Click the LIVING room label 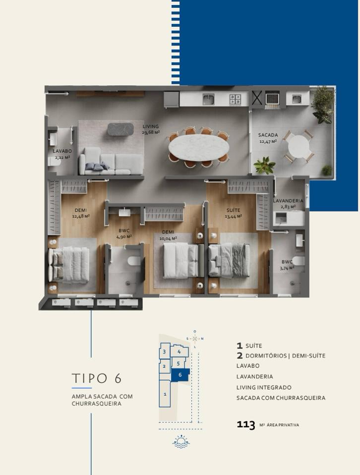point(151,126)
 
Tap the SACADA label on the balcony point(268,135)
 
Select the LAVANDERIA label point(288,200)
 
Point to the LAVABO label point(62,151)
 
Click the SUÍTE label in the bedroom point(234,210)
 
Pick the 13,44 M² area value point(234,216)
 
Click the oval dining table point(199,147)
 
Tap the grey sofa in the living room point(111,161)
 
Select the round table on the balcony point(299,146)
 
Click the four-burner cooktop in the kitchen point(235,99)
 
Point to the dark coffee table point(120,129)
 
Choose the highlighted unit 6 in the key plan point(180,375)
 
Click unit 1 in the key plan point(165,394)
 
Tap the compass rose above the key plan point(195,339)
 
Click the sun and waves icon point(181,441)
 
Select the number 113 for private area point(246,424)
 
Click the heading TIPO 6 point(97,378)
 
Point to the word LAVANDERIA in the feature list point(254,376)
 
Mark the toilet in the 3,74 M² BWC point(299,260)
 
